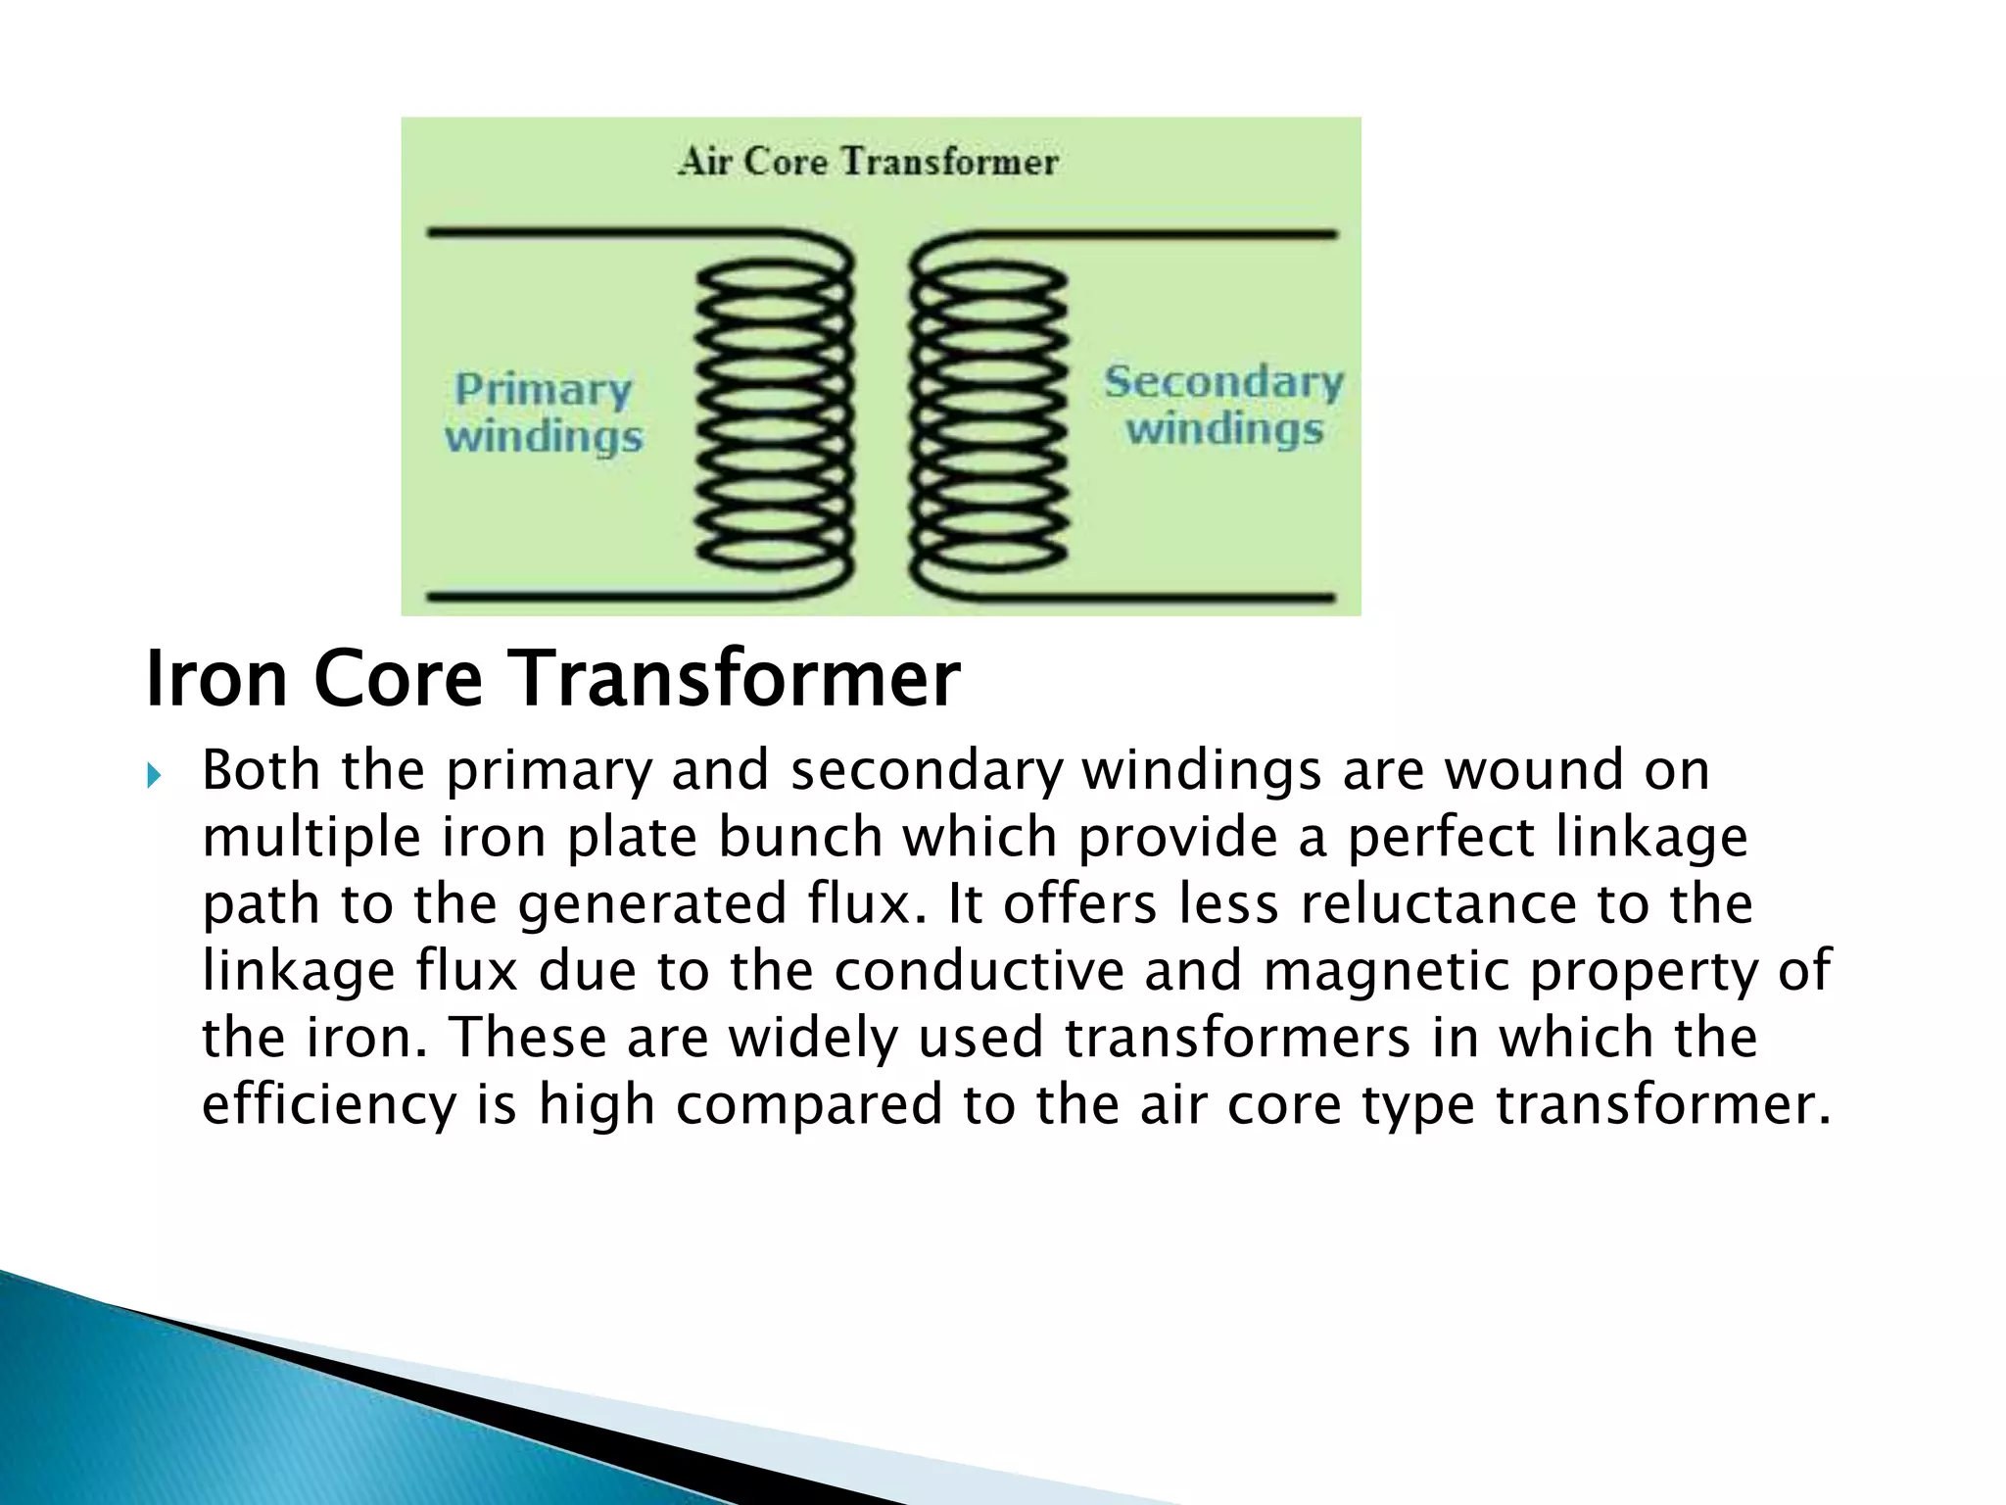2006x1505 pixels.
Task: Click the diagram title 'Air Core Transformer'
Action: click(868, 162)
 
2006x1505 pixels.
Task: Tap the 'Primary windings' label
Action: click(544, 413)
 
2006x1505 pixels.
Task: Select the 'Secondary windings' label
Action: click(1224, 405)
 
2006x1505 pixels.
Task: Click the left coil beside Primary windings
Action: click(774, 416)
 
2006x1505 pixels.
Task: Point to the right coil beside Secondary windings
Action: click(989, 416)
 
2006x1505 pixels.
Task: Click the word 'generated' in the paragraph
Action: click(651, 903)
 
